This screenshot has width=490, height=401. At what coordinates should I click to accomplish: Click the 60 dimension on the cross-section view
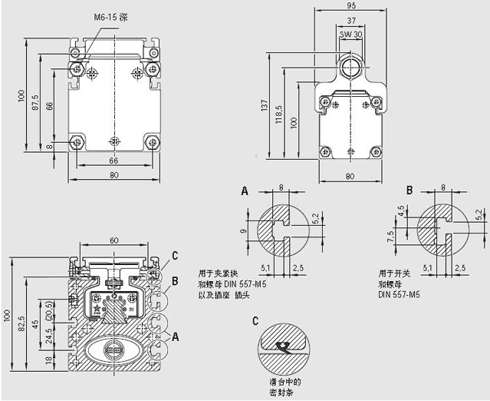113,240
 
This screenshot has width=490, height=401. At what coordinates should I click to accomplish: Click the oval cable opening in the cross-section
114,350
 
